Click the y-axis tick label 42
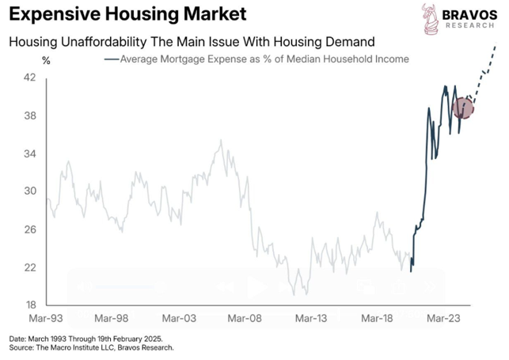pyautogui.click(x=29, y=78)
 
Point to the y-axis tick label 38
pyautogui.click(x=29, y=116)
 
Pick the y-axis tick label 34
pyautogui.click(x=29, y=153)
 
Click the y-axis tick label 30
pyautogui.click(x=29, y=191)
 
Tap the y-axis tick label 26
pyautogui.click(x=29, y=229)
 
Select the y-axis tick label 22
pyautogui.click(x=29, y=267)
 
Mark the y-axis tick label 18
pyautogui.click(x=29, y=305)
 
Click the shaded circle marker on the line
pyautogui.click(x=462, y=108)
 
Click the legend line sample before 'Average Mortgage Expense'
pyautogui.click(x=111, y=59)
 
